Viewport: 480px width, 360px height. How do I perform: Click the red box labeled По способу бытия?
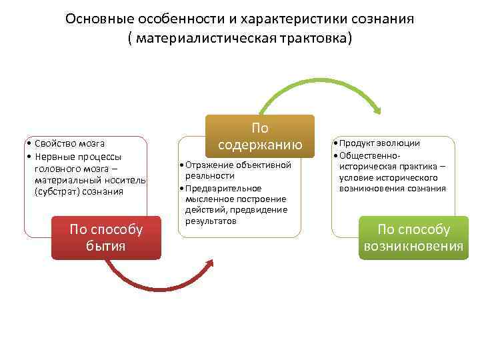click(x=107, y=237)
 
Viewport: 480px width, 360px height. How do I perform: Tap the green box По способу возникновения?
click(x=413, y=238)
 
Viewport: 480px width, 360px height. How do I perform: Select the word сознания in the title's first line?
click(x=382, y=18)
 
